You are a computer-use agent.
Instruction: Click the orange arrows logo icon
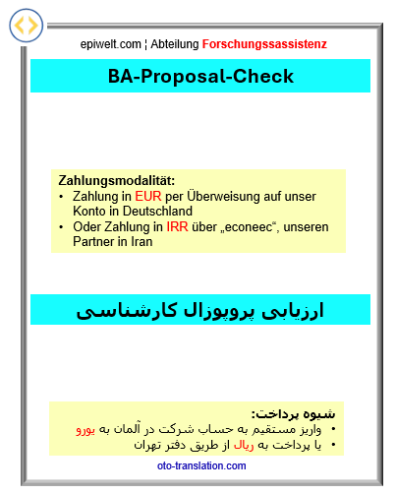pyautogui.click(x=27, y=27)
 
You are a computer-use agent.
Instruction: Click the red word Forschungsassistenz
pyautogui.click(x=264, y=44)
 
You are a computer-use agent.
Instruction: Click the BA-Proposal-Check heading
pyautogui.click(x=200, y=76)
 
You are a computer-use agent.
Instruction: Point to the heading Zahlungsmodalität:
pyautogui.click(x=117, y=181)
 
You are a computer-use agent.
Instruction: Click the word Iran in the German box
pyautogui.click(x=141, y=242)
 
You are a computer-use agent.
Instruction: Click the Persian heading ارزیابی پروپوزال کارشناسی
pyautogui.click(x=200, y=310)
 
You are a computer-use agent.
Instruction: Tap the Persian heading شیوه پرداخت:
pyautogui.click(x=293, y=413)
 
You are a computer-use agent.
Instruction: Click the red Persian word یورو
pyautogui.click(x=88, y=430)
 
